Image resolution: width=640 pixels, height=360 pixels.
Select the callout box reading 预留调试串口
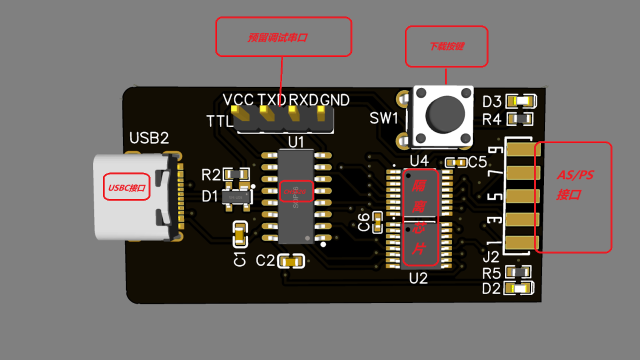[283, 37]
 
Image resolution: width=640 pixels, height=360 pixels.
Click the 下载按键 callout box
[446, 46]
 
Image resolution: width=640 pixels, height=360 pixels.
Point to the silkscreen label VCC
[238, 100]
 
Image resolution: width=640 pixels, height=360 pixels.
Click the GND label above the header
[334, 100]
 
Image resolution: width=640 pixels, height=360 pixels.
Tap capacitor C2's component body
[291, 260]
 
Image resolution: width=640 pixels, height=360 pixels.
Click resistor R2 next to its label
[237, 174]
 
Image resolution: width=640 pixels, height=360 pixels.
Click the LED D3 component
[520, 101]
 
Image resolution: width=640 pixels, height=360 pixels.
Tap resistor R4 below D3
[520, 119]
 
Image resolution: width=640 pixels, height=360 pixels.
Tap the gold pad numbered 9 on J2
[520, 149]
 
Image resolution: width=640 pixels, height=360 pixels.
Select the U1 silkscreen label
[296, 142]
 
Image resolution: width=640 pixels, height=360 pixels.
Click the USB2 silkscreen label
[149, 138]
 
